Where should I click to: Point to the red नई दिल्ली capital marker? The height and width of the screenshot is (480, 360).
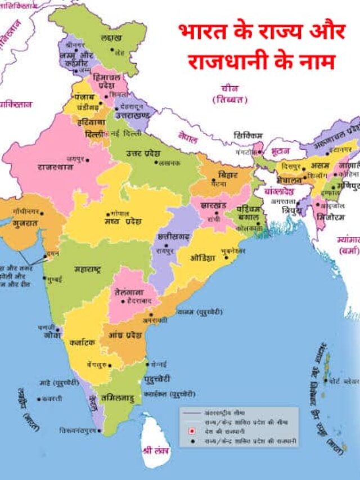107,133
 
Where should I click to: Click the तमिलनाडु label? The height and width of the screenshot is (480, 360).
117,398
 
